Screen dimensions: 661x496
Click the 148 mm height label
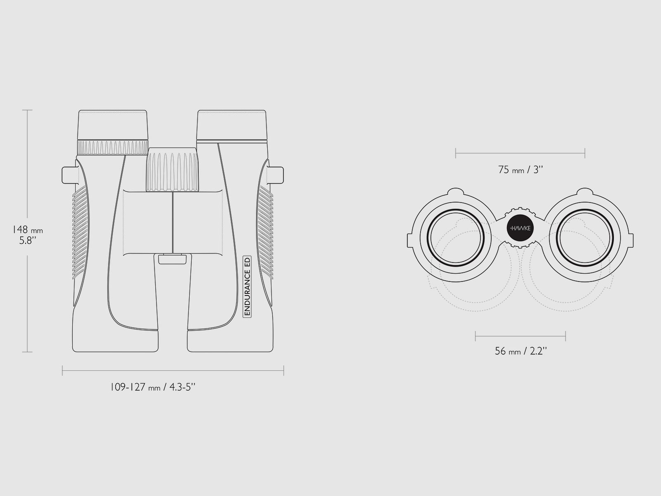27,230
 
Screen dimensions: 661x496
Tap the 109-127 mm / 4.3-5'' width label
153,387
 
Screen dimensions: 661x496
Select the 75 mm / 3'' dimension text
521,170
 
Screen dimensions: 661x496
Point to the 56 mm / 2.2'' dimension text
521,351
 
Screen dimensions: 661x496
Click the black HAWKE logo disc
520,228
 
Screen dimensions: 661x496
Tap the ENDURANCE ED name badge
247,286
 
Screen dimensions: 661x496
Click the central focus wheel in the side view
173,169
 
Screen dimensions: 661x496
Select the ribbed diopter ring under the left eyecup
113,148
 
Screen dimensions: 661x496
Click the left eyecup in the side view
113,125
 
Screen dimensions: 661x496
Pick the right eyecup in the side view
232,125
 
